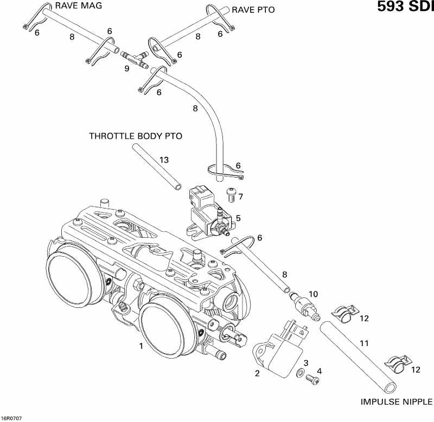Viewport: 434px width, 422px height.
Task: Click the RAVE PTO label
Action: [253, 10]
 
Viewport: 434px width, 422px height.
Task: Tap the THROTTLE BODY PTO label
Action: [136, 136]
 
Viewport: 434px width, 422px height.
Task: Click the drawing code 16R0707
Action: [11, 418]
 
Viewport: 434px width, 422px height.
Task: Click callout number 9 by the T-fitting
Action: [126, 69]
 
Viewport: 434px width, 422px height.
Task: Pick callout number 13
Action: [164, 160]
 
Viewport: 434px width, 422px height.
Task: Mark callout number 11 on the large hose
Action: [364, 342]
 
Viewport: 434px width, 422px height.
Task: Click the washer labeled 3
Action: [299, 373]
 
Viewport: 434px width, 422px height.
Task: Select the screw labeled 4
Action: [312, 380]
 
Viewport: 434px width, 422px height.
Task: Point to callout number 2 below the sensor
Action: [257, 373]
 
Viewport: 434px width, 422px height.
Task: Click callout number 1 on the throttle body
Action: [141, 346]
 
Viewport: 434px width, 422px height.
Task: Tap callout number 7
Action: [240, 196]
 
